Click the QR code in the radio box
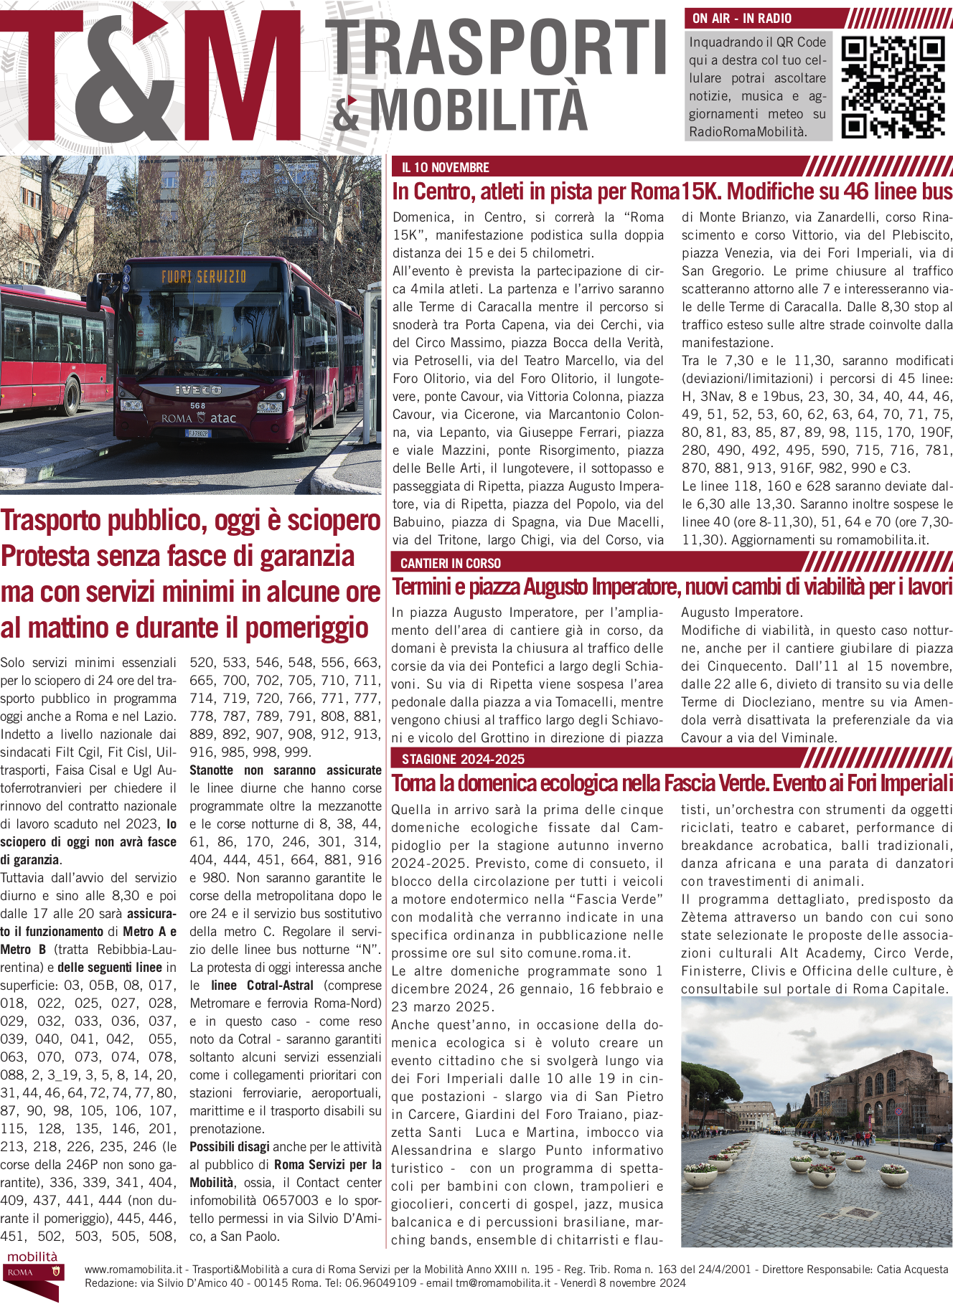coord(893,87)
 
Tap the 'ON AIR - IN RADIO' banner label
coord(742,19)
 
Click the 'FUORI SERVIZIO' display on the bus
coord(204,277)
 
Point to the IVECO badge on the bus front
coord(198,390)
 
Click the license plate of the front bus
coord(198,433)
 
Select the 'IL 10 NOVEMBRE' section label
coord(445,168)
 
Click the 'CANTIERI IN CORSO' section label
coord(451,563)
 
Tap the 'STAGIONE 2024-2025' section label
coord(463,759)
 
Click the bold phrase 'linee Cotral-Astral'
coord(262,986)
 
